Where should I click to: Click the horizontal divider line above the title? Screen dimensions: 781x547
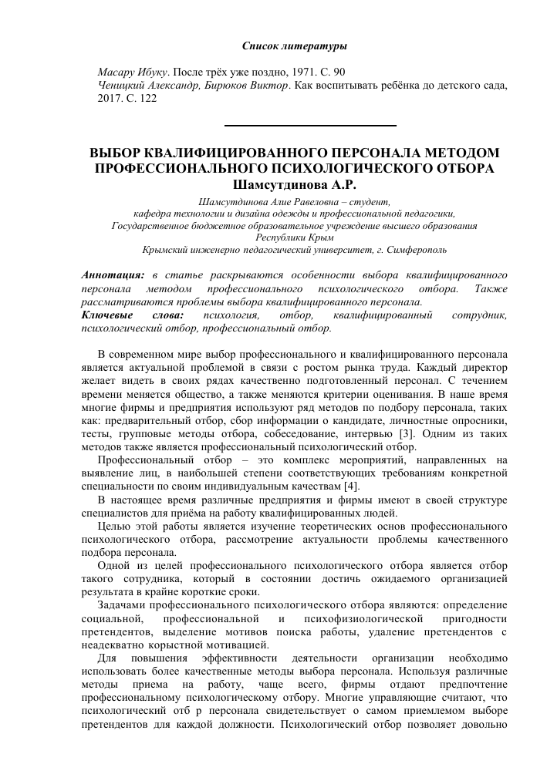(x=309, y=125)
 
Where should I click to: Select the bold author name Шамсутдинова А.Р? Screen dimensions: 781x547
(x=293, y=183)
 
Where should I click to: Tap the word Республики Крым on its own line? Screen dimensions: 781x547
(x=294, y=238)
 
